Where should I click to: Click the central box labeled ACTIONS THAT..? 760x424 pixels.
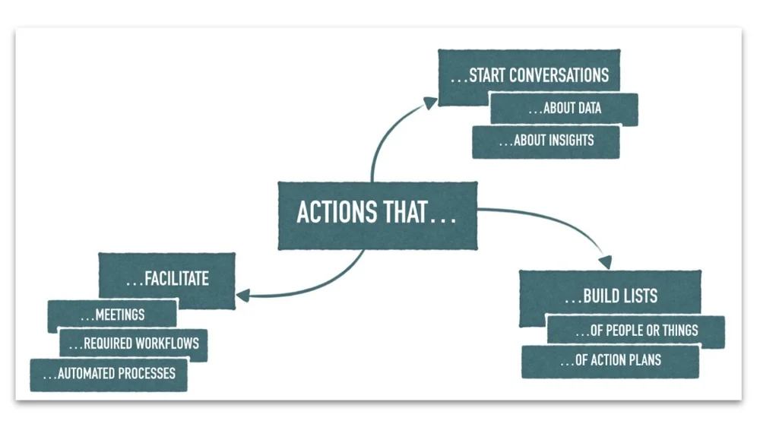(377, 214)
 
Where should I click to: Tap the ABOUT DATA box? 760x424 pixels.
(564, 109)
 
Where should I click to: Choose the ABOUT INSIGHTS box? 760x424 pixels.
(546, 141)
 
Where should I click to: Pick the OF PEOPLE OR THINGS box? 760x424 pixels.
(635, 331)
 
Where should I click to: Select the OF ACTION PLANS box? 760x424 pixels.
(610, 361)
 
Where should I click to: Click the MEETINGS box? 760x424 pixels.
(112, 313)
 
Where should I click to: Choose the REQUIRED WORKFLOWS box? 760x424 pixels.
(133, 344)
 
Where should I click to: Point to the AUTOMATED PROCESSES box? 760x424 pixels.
(109, 374)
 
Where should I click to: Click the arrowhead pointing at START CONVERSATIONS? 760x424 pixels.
(431, 101)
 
